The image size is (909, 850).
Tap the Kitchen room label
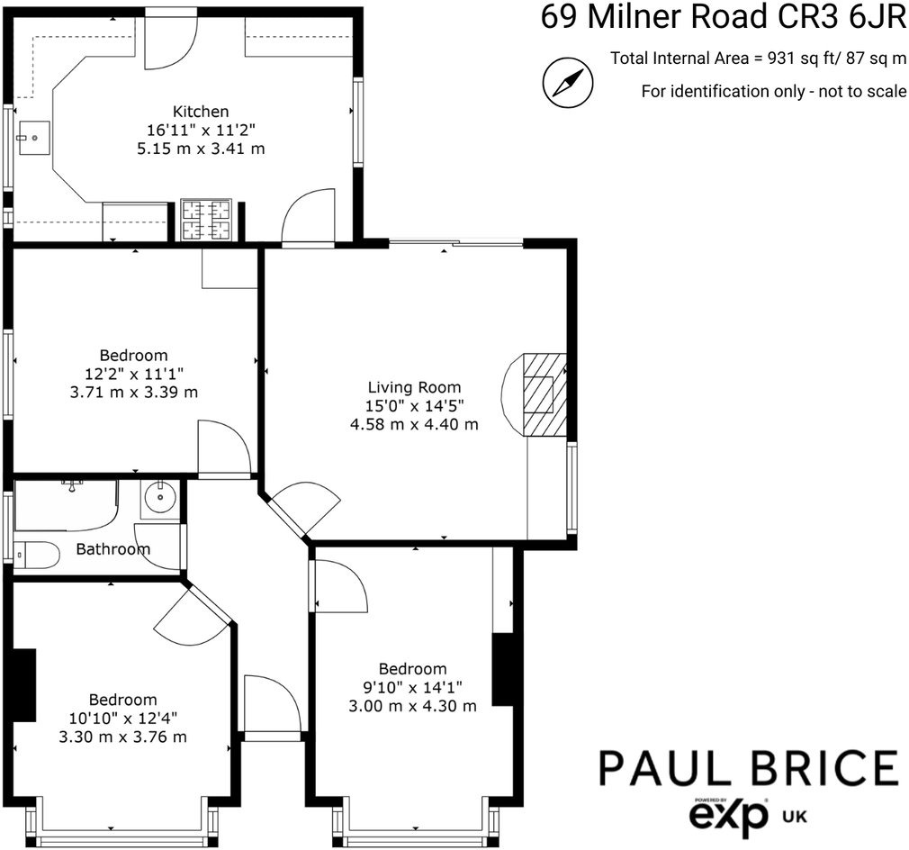coord(201,112)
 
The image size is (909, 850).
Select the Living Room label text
coord(414,388)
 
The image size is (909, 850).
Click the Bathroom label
coord(112,549)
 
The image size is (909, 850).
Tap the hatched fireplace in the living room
coord(544,394)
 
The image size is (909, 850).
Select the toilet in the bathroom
coord(37,555)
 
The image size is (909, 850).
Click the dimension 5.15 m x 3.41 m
coord(201,149)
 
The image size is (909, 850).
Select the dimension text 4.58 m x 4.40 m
coord(414,423)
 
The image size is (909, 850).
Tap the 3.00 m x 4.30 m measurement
coord(412,706)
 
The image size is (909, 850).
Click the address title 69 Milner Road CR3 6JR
coord(723,18)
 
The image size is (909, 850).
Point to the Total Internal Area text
coord(758,59)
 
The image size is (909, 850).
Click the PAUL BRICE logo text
coord(749,768)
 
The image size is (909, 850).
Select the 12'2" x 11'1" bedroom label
coord(133,374)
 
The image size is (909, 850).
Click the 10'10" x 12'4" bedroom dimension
coord(122,719)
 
